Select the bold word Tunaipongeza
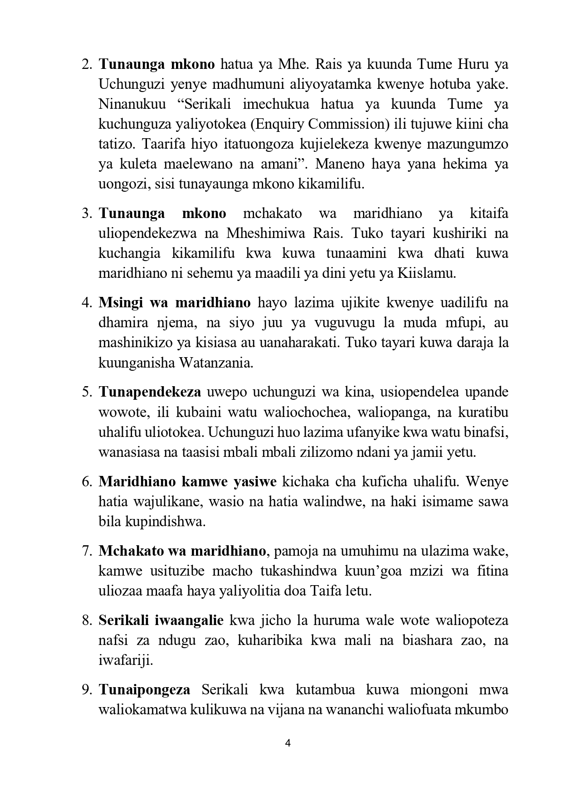pyautogui.click(x=144, y=690)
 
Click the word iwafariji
pyautogui.click(x=126, y=660)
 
